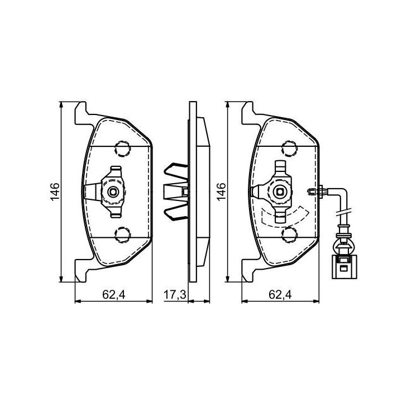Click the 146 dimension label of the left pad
click(x=55, y=192)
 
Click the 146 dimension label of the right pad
click(x=221, y=192)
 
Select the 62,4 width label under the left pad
click(x=113, y=295)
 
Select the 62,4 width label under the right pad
click(x=280, y=295)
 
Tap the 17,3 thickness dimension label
click(x=175, y=295)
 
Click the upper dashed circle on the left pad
click(x=122, y=149)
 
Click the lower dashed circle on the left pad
click(x=122, y=234)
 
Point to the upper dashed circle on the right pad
click(x=289, y=149)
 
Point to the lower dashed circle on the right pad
click(x=289, y=234)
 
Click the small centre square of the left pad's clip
click(x=113, y=192)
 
